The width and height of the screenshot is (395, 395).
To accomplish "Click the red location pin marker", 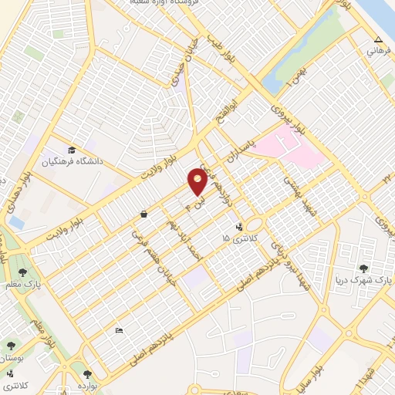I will click(197, 181).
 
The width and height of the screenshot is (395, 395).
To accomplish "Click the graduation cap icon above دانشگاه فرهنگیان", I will click(71, 150).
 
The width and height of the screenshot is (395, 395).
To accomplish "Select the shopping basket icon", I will click(143, 214).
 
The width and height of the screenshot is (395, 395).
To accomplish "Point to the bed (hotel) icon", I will click(118, 330).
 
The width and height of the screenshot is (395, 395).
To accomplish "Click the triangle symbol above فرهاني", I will click(377, 39).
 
